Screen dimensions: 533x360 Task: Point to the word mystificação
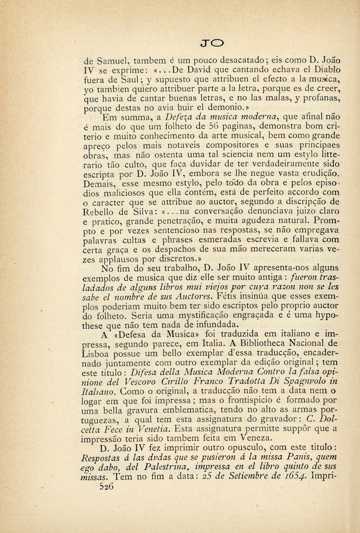[x=206, y=316]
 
